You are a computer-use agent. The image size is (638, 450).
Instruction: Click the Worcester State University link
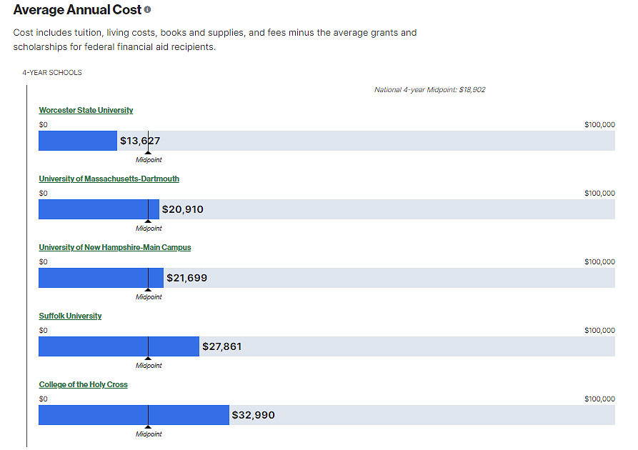pyautogui.click(x=86, y=110)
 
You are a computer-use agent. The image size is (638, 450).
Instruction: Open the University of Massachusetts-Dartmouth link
pyautogui.click(x=109, y=179)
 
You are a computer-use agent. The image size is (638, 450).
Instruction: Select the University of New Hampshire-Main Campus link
pyautogui.click(x=114, y=247)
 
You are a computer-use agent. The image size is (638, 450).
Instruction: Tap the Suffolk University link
pyautogui.click(x=70, y=316)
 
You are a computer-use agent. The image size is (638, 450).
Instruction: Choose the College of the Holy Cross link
pyautogui.click(x=83, y=384)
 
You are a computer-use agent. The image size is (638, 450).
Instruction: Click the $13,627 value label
pyautogui.click(x=140, y=141)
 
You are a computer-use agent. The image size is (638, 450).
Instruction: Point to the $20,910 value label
pyautogui.click(x=182, y=209)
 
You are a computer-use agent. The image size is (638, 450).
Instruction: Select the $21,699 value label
pyautogui.click(x=186, y=278)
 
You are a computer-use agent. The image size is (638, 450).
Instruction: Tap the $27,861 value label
pyautogui.click(x=221, y=346)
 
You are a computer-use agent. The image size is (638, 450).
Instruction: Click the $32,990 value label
pyautogui.click(x=253, y=415)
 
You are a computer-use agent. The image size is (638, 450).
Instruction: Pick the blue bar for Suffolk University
pyautogui.click(x=118, y=346)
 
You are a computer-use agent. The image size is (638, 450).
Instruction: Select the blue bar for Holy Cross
pyautogui.click(x=133, y=415)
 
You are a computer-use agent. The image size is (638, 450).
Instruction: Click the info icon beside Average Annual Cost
pyautogui.click(x=148, y=10)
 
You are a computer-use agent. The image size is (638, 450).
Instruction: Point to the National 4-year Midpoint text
pyautogui.click(x=429, y=90)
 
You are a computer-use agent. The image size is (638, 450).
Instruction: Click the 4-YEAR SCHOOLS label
pyautogui.click(x=51, y=73)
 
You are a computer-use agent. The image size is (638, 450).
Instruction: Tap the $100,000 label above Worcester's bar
pyautogui.click(x=599, y=125)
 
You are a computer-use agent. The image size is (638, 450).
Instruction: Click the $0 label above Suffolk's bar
pyautogui.click(x=43, y=331)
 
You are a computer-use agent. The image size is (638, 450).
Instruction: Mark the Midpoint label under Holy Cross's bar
pyautogui.click(x=149, y=434)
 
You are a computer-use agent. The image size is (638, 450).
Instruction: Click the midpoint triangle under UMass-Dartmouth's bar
pyautogui.click(x=148, y=221)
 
